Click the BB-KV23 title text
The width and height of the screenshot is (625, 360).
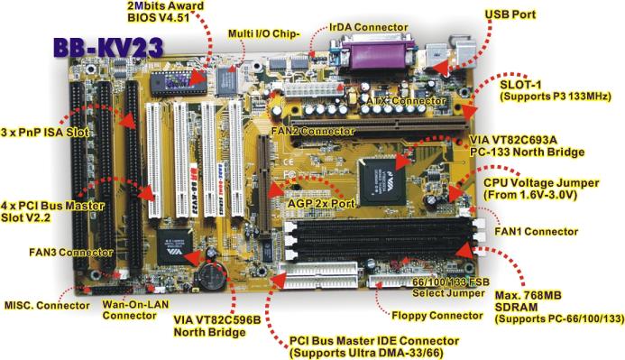(108, 48)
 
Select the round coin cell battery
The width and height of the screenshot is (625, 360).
(213, 276)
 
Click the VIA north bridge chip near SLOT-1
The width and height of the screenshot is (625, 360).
(381, 181)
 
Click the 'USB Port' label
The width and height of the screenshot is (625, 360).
(510, 14)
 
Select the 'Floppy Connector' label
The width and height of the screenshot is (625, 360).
(437, 316)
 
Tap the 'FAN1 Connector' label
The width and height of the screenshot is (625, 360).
(536, 231)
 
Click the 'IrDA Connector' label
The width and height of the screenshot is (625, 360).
(368, 27)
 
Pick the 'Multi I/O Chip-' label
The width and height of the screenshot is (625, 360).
(263, 33)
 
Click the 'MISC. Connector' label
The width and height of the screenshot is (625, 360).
(47, 305)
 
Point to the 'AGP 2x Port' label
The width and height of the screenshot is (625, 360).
(321, 203)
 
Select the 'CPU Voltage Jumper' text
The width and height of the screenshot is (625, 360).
(541, 183)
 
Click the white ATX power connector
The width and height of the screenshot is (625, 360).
(313, 89)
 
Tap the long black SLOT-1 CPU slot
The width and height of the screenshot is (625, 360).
(379, 125)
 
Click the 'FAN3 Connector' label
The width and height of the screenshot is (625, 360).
(71, 253)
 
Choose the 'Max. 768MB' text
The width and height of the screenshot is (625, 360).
(528, 295)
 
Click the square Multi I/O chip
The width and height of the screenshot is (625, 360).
(227, 81)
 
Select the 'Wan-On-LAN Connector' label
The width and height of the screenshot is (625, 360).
(135, 309)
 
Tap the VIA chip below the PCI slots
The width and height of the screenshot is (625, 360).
(175, 246)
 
